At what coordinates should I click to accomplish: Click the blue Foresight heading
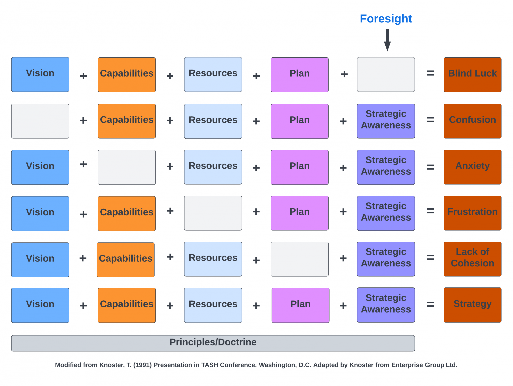[386, 19]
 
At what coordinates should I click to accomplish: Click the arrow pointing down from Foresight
[387, 40]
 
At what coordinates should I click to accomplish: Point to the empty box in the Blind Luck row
[386, 74]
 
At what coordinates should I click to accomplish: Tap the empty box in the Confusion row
[40, 121]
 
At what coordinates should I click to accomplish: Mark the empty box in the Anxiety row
[127, 167]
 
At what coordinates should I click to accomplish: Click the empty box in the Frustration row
[213, 213]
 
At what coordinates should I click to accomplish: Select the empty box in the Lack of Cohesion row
[299, 259]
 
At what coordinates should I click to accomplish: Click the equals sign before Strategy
[430, 304]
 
